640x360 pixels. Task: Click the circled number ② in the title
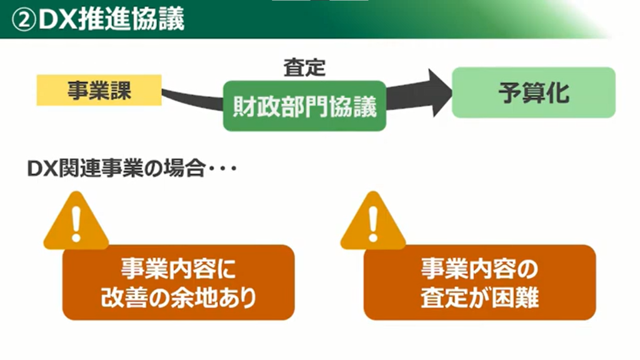pyautogui.click(x=24, y=19)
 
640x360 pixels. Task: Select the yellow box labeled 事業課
pyautogui.click(x=99, y=91)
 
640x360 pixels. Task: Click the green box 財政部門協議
pyautogui.click(x=304, y=106)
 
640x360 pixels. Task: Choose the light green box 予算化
pyautogui.click(x=533, y=92)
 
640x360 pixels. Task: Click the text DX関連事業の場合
pyautogui.click(x=116, y=169)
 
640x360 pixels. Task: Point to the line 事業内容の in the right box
pyautogui.click(x=479, y=269)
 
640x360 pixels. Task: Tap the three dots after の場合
pyautogui.click(x=222, y=170)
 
